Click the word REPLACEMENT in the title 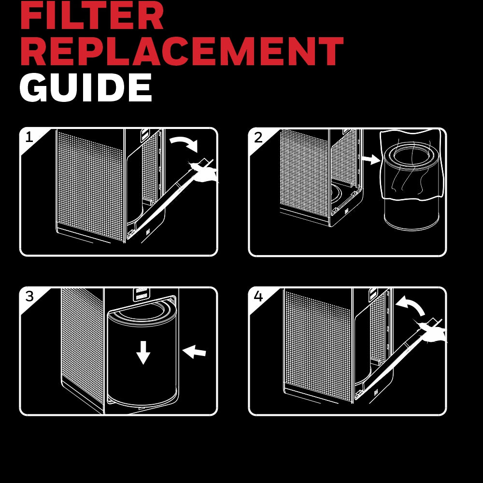pos(182,51)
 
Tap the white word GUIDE pos(86,87)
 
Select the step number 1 pos(29,137)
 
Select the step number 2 pos(258,137)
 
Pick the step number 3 pos(29,297)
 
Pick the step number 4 pos(258,297)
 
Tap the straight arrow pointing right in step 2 pos(371,159)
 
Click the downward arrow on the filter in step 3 pos(143,353)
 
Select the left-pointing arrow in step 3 pos(194,351)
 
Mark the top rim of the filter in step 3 pos(142,313)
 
